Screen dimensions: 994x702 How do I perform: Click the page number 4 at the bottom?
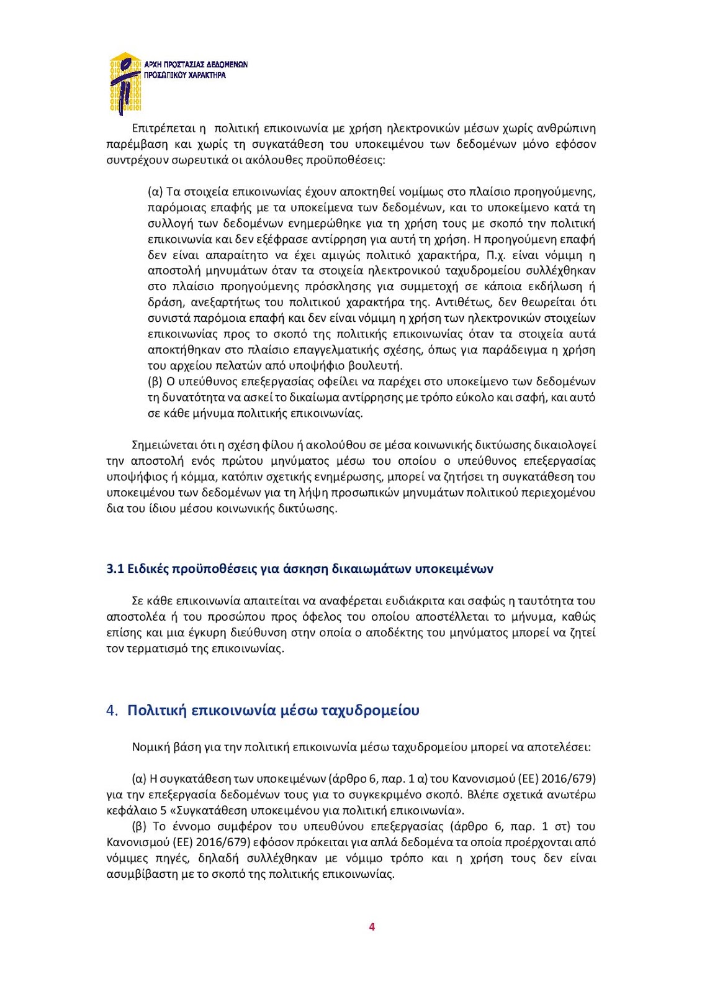[x=372, y=927]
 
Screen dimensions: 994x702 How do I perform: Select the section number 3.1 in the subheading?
[x=115, y=569]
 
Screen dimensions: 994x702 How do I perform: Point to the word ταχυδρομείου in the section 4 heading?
[x=370, y=711]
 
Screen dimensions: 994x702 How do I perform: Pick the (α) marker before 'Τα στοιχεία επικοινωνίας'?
[x=155, y=191]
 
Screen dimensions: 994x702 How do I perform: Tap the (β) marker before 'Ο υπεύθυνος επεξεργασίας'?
[x=155, y=381]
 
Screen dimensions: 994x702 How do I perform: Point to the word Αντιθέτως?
[x=462, y=303]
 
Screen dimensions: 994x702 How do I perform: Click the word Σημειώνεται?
[x=164, y=445]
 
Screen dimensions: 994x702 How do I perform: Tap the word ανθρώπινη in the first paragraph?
[x=566, y=129]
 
